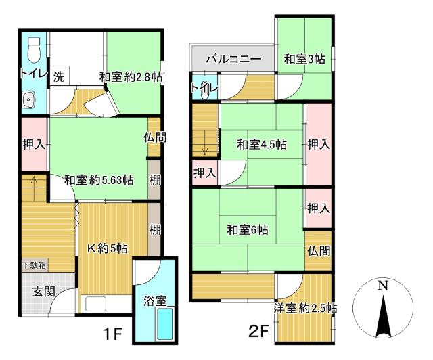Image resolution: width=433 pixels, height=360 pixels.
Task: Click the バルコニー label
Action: [233, 60]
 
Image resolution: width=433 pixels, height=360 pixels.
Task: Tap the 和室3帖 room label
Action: [304, 60]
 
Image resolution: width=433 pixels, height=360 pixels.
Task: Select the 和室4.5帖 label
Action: [261, 144]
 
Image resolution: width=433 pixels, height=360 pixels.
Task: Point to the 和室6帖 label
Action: [247, 230]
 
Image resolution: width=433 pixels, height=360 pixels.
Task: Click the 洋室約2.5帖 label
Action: [305, 309]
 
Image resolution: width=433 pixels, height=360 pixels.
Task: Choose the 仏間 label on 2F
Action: [318, 251]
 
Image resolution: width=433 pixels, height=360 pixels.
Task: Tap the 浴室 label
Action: [155, 302]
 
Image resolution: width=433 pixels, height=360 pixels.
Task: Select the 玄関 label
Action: [33, 293]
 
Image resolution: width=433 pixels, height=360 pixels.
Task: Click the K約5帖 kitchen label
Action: [107, 247]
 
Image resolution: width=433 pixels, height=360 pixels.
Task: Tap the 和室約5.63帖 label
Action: [99, 180]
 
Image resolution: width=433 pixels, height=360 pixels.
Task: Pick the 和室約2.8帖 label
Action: [132, 76]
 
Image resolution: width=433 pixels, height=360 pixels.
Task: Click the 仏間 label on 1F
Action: [154, 136]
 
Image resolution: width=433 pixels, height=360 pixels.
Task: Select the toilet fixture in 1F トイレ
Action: [33, 47]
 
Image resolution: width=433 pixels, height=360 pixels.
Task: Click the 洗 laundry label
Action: [59, 76]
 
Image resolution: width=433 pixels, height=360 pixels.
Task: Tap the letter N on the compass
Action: [383, 286]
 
